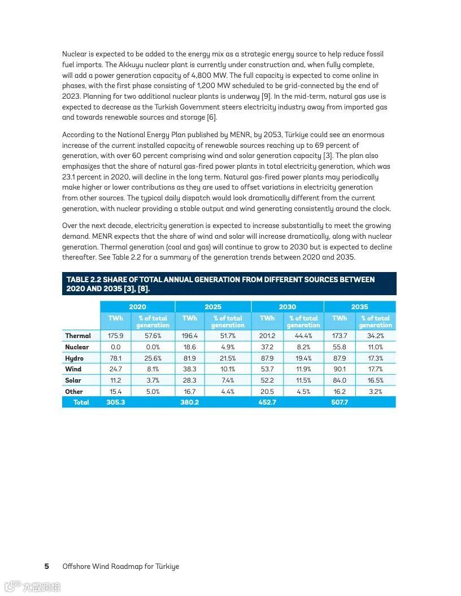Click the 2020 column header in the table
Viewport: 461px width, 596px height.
point(137,307)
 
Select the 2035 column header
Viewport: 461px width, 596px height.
point(359,307)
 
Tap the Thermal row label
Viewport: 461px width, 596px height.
point(78,336)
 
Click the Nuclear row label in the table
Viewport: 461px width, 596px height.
point(77,347)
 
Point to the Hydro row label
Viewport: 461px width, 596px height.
point(74,358)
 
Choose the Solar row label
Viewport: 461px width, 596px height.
point(73,380)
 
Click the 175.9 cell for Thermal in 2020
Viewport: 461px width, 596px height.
point(115,336)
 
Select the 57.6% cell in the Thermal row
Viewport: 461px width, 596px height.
point(153,336)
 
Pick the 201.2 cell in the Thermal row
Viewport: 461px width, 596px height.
point(267,336)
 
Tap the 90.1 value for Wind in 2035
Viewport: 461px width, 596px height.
point(340,369)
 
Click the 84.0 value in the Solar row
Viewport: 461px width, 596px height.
point(340,380)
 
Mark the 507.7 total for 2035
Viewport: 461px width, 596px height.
point(340,402)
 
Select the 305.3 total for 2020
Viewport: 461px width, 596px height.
point(115,402)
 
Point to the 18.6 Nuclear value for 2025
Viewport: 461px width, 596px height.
point(189,347)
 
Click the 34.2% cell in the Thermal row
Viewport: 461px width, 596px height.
point(375,336)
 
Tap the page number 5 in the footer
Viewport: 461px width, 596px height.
point(47,566)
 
